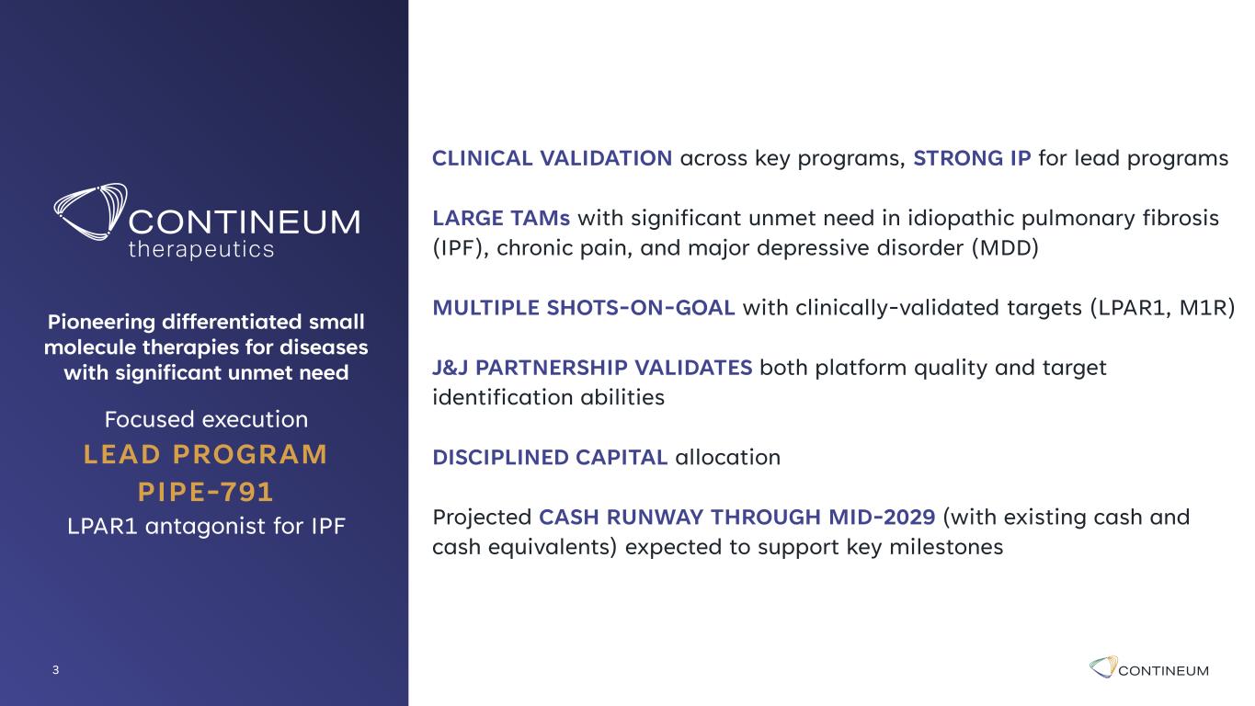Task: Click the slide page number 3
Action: coord(55,669)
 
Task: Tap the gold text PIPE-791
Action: coord(206,492)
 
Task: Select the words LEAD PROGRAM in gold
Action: coord(206,454)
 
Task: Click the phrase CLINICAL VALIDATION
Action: coord(552,158)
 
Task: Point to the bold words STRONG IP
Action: coord(972,158)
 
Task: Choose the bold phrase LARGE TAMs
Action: coord(501,218)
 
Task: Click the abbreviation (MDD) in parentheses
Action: coord(1005,247)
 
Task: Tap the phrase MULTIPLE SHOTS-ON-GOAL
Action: coord(583,308)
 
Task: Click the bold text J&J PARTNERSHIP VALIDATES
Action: coord(592,368)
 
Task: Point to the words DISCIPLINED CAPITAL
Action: coord(550,457)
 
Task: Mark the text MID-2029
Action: coord(882,518)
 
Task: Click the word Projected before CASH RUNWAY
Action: coord(482,518)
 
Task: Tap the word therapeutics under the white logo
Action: coord(201,250)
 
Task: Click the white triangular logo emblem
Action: coord(91,211)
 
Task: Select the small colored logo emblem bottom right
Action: coord(1103,666)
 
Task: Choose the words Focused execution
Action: coord(206,419)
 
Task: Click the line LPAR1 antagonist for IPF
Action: coord(206,526)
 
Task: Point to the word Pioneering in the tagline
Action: coord(101,322)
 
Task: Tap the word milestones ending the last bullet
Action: coord(946,548)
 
